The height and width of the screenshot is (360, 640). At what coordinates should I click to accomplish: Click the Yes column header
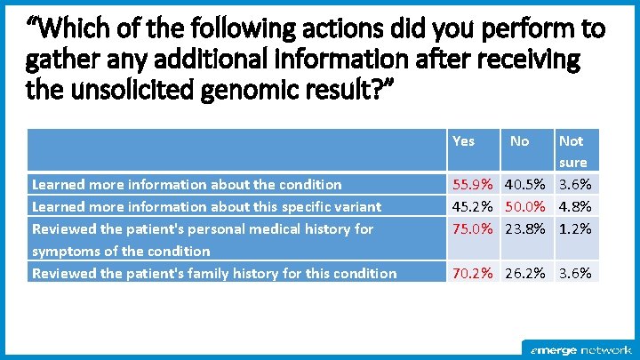pyautogui.click(x=463, y=140)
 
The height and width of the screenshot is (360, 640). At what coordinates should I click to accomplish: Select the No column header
pyautogui.click(x=520, y=140)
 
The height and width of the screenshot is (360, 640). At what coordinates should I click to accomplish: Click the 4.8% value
pyautogui.click(x=575, y=207)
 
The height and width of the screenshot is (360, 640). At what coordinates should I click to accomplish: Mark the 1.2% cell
pyautogui.click(x=575, y=229)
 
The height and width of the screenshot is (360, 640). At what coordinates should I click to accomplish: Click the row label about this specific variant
pyautogui.click(x=206, y=207)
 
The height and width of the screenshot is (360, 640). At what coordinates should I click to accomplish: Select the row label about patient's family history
pyautogui.click(x=214, y=274)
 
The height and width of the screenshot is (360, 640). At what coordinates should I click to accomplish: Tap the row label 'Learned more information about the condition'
pyautogui.click(x=187, y=185)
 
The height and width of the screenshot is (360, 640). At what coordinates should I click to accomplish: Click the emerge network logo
pyautogui.click(x=581, y=349)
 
